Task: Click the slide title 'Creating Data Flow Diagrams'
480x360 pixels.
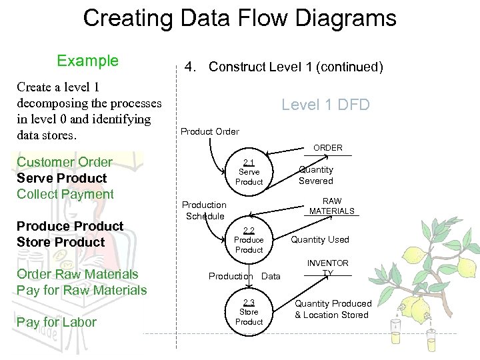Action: pyautogui.click(x=239, y=18)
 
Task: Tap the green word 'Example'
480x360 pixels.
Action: pyautogui.click(x=87, y=61)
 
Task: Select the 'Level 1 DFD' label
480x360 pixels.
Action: pyautogui.click(x=325, y=105)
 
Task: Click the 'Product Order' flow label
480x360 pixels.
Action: pyautogui.click(x=210, y=131)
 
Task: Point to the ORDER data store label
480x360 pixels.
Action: pyautogui.click(x=328, y=148)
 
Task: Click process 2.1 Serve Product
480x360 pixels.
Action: pyautogui.click(x=249, y=172)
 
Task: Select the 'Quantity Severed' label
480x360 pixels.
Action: pyautogui.click(x=316, y=175)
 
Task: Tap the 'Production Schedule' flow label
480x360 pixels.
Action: pyautogui.click(x=205, y=210)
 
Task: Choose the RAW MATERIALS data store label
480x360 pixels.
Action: pyautogui.click(x=332, y=206)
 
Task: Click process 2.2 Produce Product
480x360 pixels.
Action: pyautogui.click(x=249, y=240)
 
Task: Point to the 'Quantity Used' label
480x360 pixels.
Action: pyautogui.click(x=320, y=240)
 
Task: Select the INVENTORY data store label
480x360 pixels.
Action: pyautogui.click(x=328, y=268)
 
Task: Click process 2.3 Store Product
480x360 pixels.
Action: pyautogui.click(x=249, y=312)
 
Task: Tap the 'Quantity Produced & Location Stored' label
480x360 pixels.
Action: pyautogui.click(x=333, y=309)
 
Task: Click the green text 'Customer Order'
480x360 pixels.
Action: pyautogui.click(x=65, y=162)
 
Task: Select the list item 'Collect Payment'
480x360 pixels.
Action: pyautogui.click(x=65, y=194)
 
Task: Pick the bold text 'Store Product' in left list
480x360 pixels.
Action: pyautogui.click(x=61, y=242)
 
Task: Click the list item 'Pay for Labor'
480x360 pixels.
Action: pyautogui.click(x=57, y=322)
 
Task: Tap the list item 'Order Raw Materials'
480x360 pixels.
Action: pyautogui.click(x=77, y=274)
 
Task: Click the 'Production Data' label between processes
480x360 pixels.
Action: pyautogui.click(x=244, y=276)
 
